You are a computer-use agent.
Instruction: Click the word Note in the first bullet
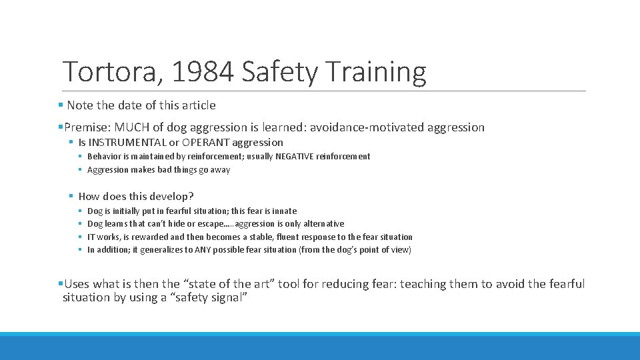80,105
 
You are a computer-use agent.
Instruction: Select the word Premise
87,127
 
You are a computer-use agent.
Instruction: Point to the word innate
283,211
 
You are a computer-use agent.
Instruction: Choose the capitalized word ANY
203,250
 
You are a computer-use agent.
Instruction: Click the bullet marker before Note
61,105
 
